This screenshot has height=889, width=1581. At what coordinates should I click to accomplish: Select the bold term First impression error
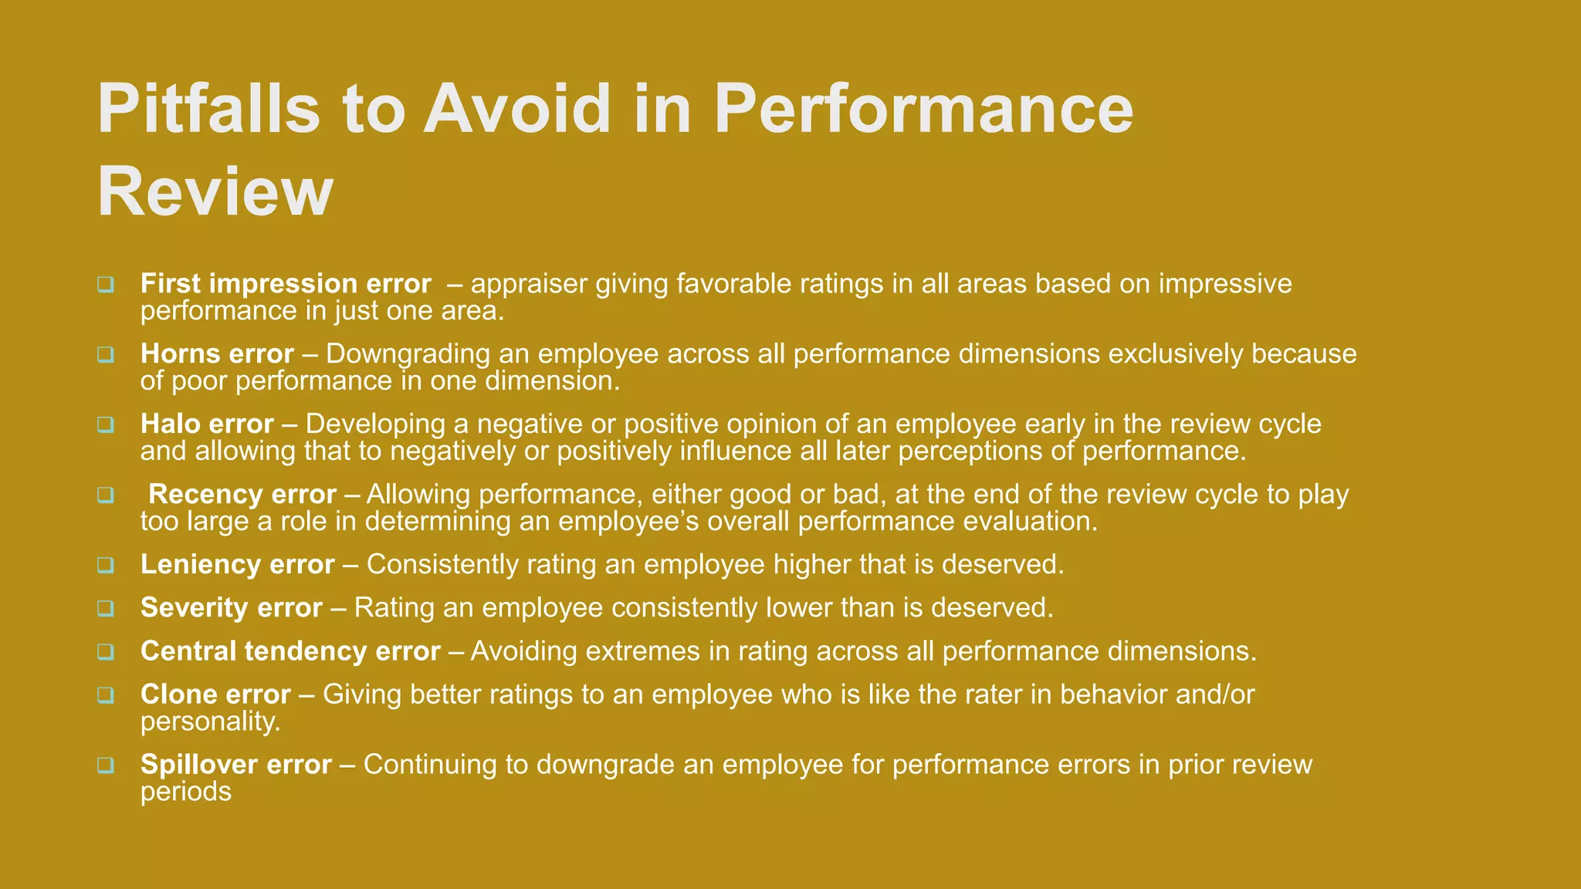click(286, 284)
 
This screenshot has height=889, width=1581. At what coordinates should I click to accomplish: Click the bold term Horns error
click(217, 354)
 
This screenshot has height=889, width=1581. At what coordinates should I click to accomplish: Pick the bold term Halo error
click(207, 424)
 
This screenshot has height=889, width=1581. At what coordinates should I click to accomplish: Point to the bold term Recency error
click(242, 495)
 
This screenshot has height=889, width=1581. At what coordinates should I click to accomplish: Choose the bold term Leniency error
click(237, 565)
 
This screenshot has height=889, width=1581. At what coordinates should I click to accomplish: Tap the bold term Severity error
click(231, 608)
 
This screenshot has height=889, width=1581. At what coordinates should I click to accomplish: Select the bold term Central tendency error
click(290, 651)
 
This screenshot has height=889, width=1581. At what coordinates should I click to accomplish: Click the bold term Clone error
click(215, 695)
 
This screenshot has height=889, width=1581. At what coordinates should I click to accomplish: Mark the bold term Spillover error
click(235, 765)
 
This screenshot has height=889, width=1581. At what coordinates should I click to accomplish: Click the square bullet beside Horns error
click(106, 355)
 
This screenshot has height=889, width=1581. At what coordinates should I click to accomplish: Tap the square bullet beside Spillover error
click(106, 766)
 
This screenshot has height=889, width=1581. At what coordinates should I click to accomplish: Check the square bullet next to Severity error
click(106, 609)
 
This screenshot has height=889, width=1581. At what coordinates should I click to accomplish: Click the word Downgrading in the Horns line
click(408, 354)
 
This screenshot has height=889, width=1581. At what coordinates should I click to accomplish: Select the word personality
click(210, 722)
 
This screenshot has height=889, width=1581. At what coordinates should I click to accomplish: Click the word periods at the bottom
click(185, 792)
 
